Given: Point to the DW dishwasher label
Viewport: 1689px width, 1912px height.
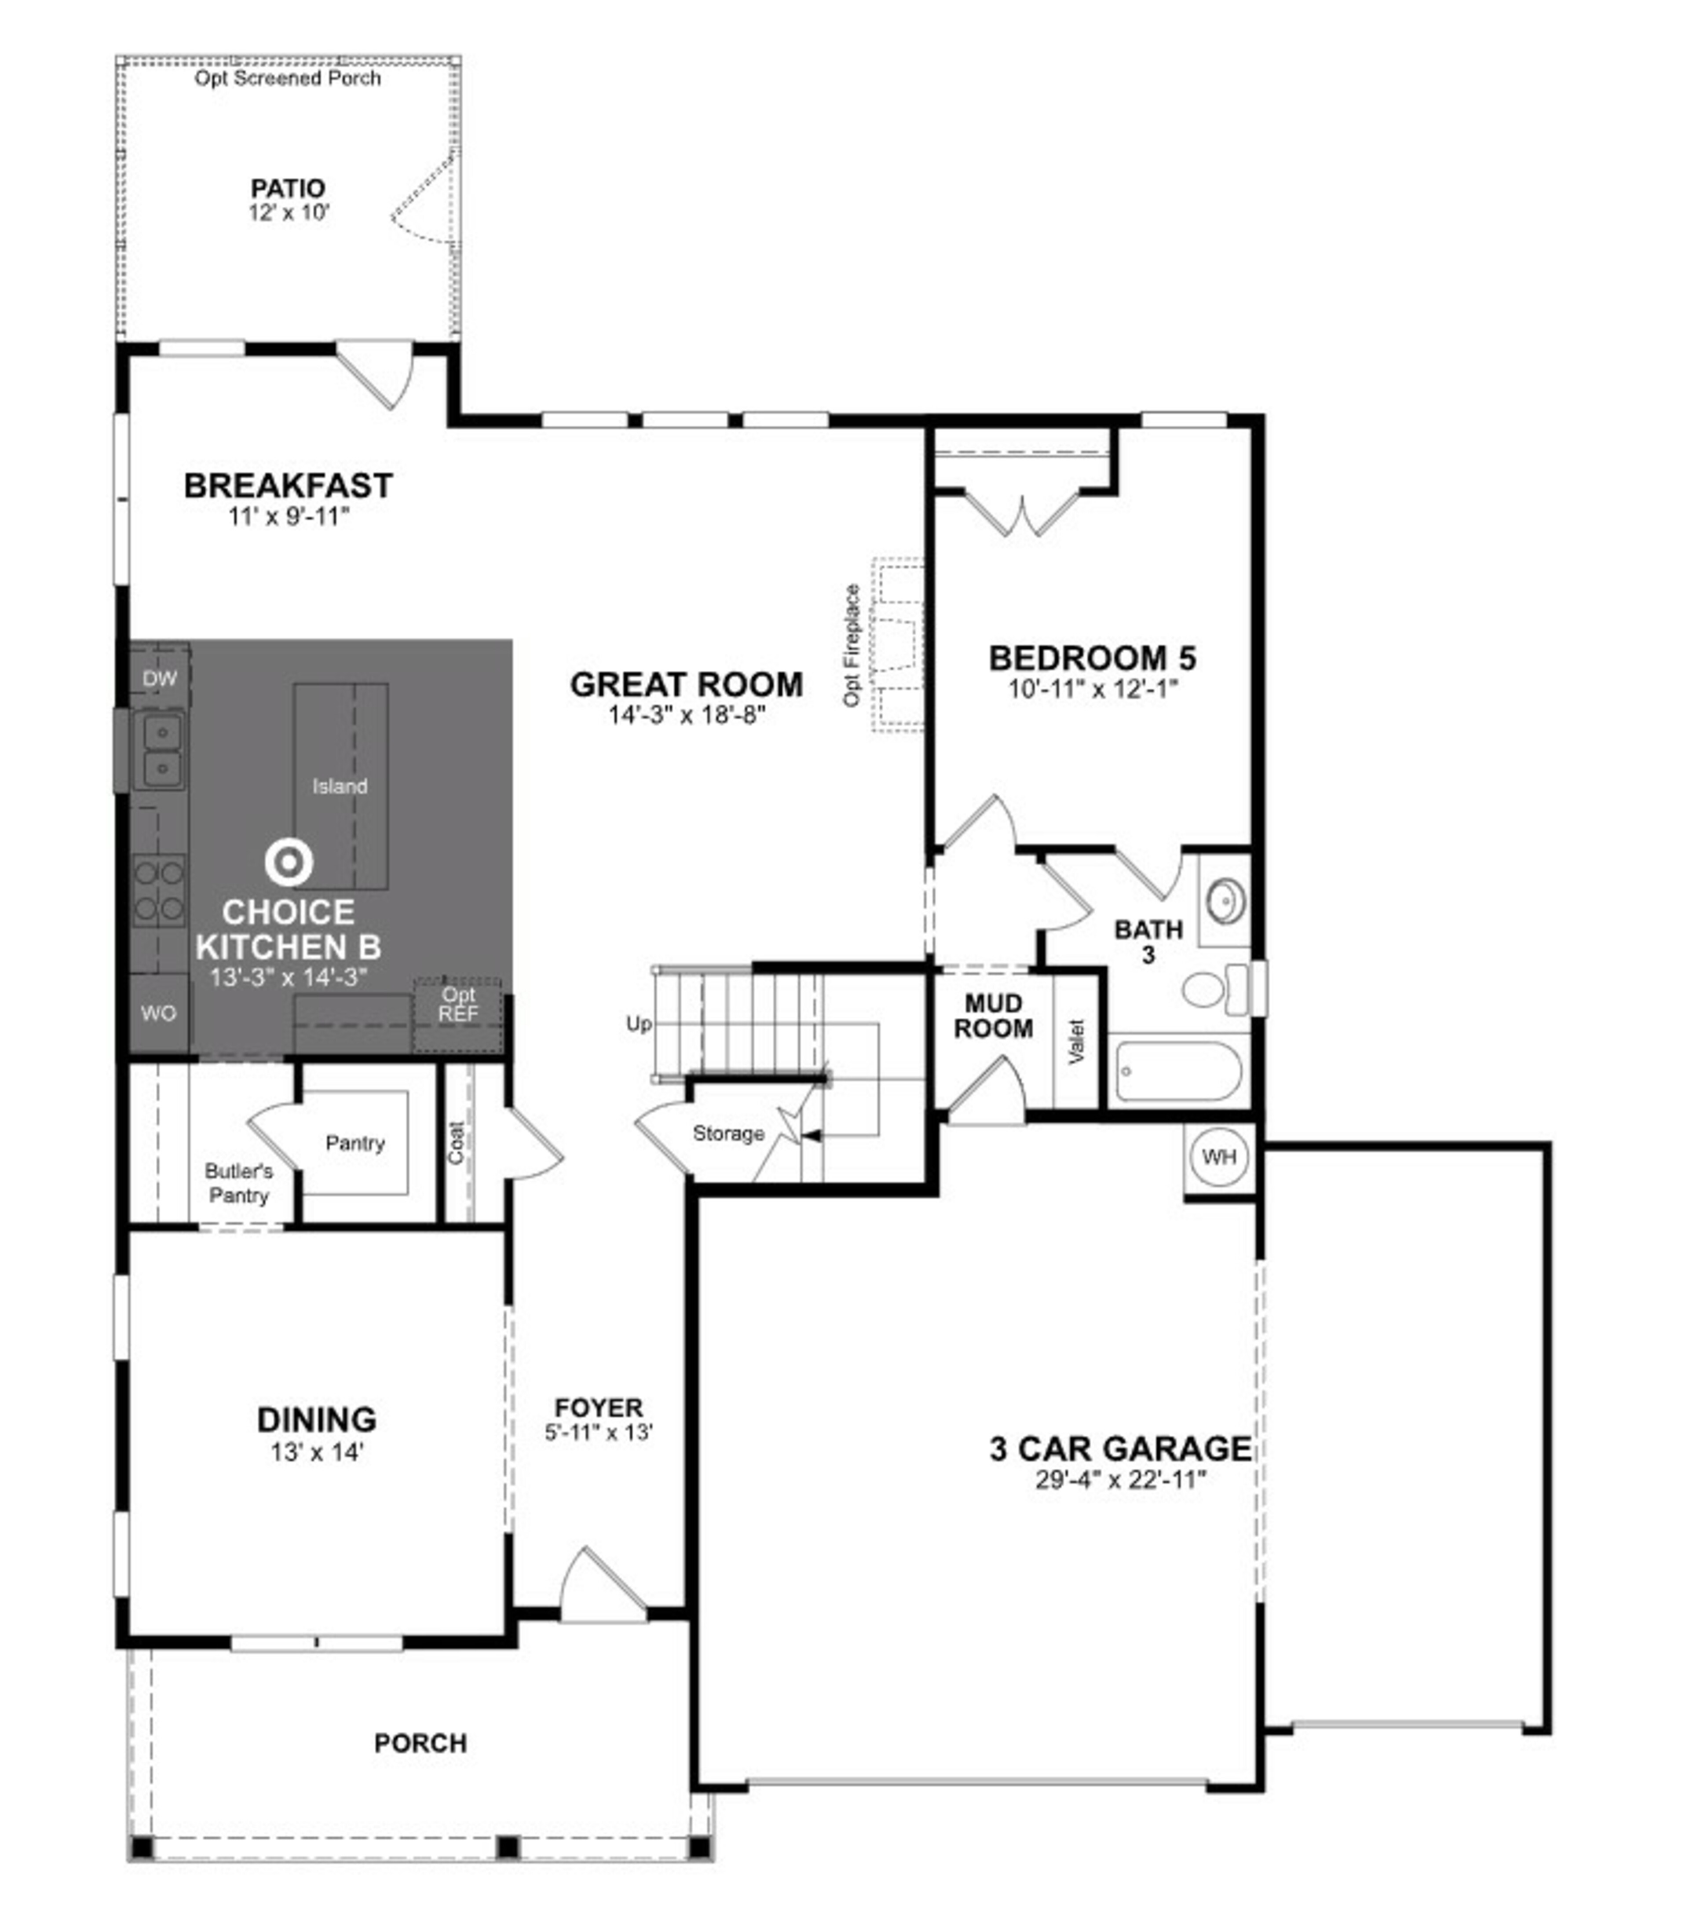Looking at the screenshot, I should coord(160,678).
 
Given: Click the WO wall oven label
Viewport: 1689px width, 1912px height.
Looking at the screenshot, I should coord(158,1013).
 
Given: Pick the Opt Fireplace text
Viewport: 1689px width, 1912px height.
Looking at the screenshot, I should coord(851,645).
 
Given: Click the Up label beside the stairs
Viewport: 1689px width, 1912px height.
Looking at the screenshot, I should coord(639,1024).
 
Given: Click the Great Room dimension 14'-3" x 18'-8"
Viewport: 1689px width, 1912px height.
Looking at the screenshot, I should coord(687,716).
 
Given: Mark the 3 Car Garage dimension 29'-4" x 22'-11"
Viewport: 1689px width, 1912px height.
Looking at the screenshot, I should coord(1120,1480).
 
